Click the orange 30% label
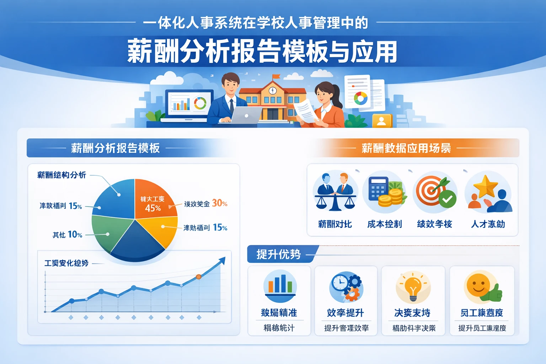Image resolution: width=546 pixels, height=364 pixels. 219,203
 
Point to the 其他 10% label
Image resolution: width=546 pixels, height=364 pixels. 68,235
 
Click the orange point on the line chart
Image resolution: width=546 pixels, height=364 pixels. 199,277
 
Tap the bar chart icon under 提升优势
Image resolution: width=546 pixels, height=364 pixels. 280,284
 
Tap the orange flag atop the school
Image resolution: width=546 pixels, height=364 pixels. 276,76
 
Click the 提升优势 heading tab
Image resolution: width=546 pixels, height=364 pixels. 279,254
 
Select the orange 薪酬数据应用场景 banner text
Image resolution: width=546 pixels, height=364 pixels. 406,148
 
